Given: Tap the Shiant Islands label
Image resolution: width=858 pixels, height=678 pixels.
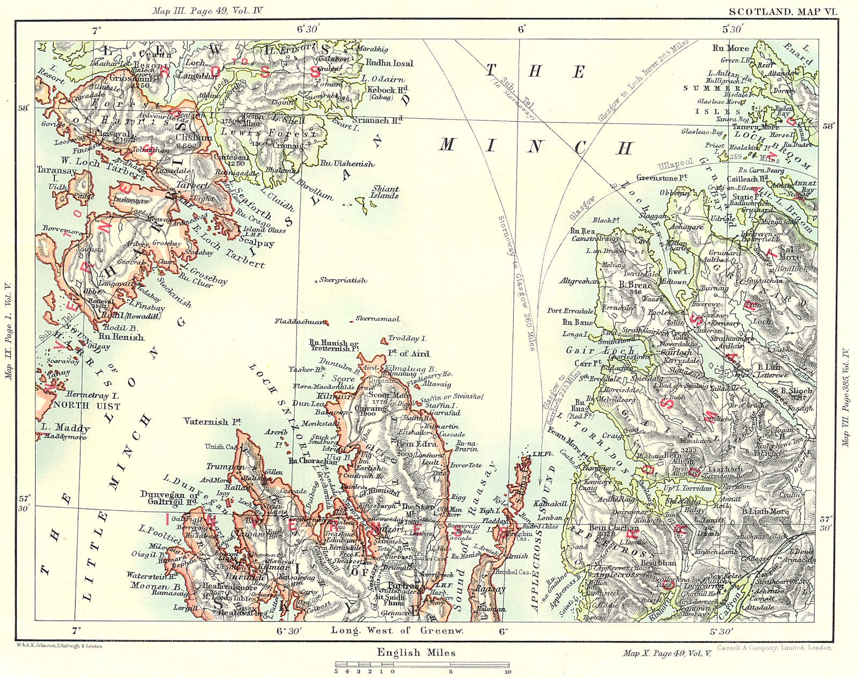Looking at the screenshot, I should click(384, 192).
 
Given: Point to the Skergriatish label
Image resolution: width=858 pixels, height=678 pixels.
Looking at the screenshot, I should click(343, 280).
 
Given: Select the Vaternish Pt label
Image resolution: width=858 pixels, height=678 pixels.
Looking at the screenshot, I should click(212, 422).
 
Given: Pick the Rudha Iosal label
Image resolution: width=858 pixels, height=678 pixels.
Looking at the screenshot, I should click(389, 63).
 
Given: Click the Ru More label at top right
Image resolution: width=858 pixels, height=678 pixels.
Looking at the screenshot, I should click(730, 48).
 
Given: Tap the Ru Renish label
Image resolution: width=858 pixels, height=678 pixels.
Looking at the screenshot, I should click(121, 337).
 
